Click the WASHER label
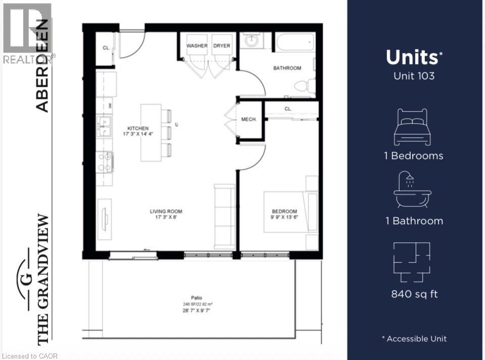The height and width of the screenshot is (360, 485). pos(197,46)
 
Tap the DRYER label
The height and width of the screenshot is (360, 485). pos(221,46)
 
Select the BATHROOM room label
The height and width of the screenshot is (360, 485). pos(287,68)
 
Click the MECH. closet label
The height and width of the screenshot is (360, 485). pos(249,120)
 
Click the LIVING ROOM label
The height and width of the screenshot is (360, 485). pos(166,212)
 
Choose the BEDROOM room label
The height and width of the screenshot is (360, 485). pos(284,212)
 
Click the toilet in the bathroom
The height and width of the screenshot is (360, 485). pos(303,87)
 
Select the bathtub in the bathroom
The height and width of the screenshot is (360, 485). pos(295,42)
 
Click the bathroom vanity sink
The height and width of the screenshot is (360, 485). pos(250,40)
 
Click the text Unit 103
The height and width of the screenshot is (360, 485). pos(414,76)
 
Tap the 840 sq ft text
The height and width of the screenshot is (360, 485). pos(414,294)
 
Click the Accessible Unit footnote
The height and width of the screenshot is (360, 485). pos(414,339)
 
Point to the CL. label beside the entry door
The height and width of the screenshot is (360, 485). pos(106,48)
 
